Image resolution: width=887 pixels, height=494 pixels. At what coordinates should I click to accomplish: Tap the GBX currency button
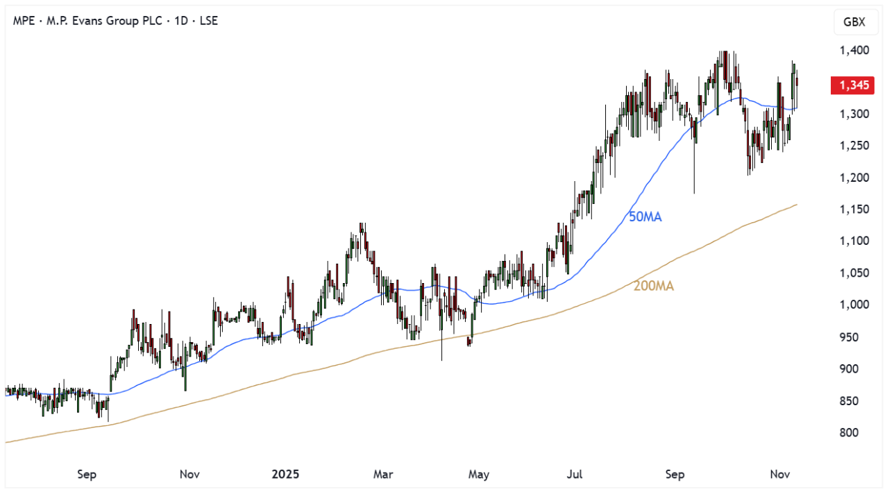[854, 22]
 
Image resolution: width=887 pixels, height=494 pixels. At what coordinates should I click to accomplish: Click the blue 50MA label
[645, 217]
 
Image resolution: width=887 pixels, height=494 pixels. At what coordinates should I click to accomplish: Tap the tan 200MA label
[653, 285]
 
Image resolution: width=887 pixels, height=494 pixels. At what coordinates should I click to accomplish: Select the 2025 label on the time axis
[285, 475]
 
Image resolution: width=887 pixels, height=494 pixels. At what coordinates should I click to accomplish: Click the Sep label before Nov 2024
[87, 475]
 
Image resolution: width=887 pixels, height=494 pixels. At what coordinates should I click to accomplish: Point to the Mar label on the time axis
[383, 475]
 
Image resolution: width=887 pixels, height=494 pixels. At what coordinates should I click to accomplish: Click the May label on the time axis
[479, 475]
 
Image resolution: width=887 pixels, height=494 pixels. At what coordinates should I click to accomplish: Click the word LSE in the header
[208, 21]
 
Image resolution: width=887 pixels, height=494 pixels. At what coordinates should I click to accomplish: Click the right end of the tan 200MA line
[796, 205]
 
